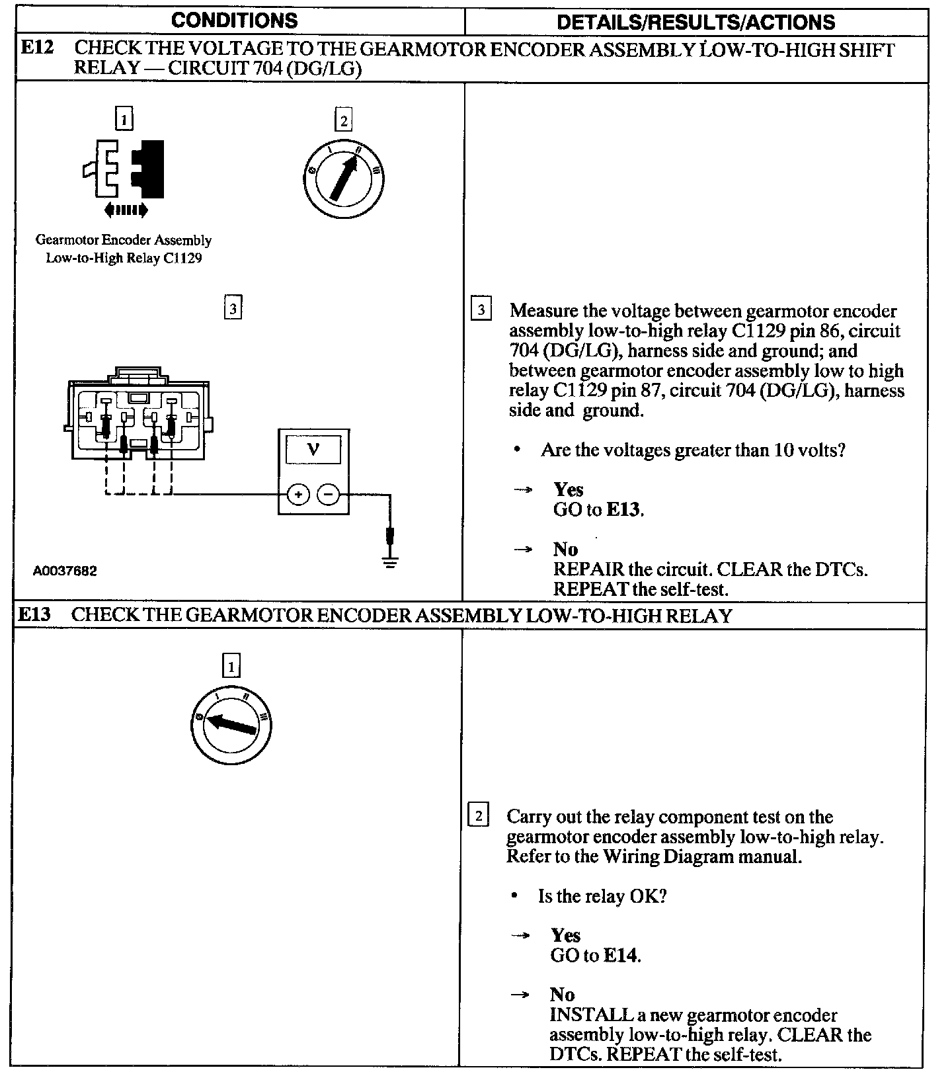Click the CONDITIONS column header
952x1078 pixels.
(x=234, y=21)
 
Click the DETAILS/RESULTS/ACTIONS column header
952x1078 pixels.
(x=695, y=22)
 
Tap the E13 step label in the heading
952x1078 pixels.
(x=34, y=615)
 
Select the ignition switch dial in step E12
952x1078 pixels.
(x=344, y=178)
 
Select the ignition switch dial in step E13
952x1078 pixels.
(x=231, y=726)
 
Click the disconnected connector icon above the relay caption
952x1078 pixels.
(x=124, y=169)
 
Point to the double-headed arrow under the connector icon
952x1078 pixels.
(x=126, y=211)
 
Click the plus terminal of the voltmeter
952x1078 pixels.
(x=298, y=494)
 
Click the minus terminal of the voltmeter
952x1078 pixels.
(x=329, y=494)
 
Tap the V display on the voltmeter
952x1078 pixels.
(x=313, y=450)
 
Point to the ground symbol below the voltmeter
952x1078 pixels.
(x=391, y=563)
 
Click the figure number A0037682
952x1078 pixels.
(x=65, y=570)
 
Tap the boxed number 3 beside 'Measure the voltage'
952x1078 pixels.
(x=481, y=310)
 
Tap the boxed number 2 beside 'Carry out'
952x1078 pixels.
(x=478, y=815)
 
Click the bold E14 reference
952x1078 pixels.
(x=621, y=956)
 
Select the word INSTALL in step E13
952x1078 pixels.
(x=582, y=1015)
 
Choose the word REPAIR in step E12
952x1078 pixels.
(x=588, y=569)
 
